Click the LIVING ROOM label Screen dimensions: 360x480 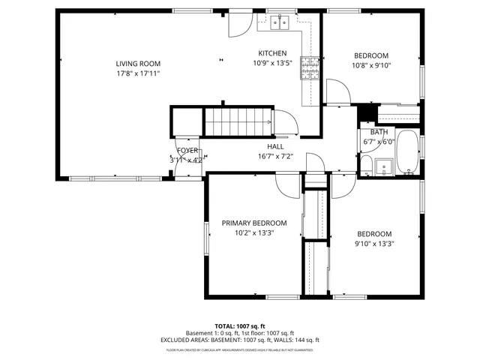tap(138, 64)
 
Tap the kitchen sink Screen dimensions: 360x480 tap(281, 23)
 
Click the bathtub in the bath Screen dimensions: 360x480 tap(408, 154)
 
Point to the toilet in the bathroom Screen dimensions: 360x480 tap(365, 165)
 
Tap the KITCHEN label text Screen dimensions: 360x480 tap(272, 53)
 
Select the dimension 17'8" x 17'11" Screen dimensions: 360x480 tap(138, 74)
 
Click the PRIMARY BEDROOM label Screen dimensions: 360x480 tap(253, 223)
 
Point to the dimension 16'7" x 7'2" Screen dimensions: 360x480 tap(275, 157)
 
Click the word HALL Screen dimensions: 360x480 tap(275, 146)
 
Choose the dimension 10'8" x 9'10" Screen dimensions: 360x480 tap(371, 66)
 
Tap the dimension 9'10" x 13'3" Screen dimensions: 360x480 tap(374, 243)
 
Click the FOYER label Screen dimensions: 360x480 tap(187, 150)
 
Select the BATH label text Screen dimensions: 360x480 tap(379, 132)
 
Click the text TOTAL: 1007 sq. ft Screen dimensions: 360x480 tap(240, 326)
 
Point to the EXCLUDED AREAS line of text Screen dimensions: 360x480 tap(240, 340)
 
